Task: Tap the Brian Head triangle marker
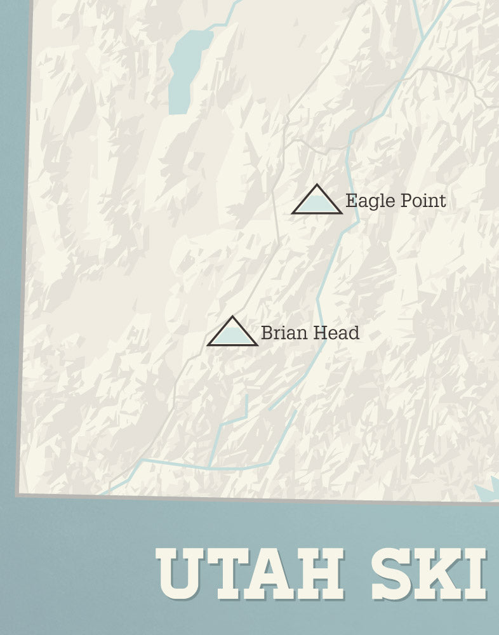coord(232,334)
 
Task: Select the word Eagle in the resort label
coord(364,202)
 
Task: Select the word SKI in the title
coord(429,575)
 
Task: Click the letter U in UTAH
coord(180,575)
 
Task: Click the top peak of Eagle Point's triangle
coord(317,185)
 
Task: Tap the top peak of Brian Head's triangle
coord(232,317)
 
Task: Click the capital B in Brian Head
coord(267,333)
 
